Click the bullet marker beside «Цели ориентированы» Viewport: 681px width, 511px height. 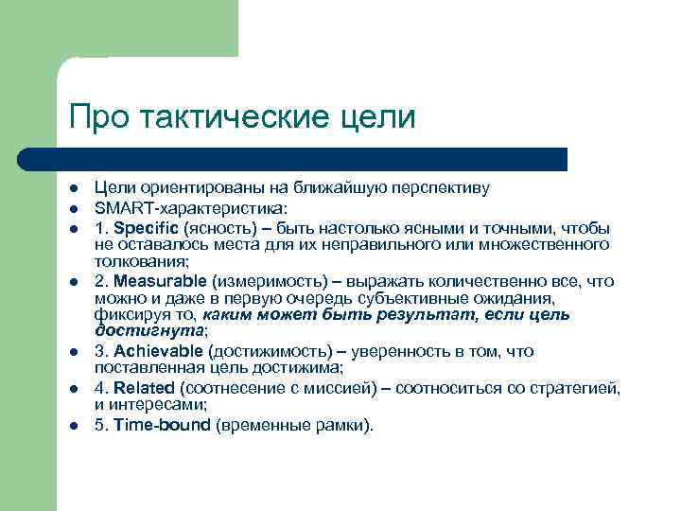point(73,189)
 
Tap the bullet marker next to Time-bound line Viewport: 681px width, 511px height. point(73,426)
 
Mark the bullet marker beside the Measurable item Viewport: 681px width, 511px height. point(73,282)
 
